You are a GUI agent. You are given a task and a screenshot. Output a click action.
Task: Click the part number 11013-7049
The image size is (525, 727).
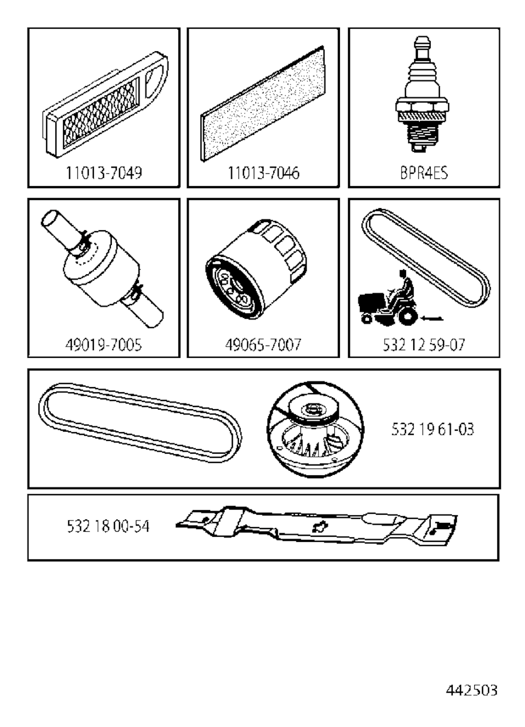point(104,173)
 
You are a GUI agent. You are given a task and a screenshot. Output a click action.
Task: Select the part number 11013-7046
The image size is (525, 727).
point(264,173)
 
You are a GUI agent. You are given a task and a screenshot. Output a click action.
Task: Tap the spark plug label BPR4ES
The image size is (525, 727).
point(424,173)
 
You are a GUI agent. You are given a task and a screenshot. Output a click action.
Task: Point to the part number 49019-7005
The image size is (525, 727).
point(104,345)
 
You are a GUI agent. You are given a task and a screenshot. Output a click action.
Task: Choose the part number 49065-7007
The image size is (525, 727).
point(263,345)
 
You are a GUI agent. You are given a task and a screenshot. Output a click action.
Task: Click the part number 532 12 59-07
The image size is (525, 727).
point(424,345)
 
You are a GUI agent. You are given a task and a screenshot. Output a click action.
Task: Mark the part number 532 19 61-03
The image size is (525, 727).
point(433,429)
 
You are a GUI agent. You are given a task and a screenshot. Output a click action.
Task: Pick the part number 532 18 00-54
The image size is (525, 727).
point(108,526)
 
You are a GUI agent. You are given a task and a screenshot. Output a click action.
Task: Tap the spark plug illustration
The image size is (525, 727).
point(422,94)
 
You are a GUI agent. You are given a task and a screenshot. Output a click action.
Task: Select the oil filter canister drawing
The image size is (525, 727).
point(256,269)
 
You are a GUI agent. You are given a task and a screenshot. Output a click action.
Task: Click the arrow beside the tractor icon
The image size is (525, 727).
point(432,319)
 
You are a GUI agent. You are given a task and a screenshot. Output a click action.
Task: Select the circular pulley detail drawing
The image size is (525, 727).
point(315,430)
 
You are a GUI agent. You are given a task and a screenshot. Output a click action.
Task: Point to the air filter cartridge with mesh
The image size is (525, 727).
point(106,105)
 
